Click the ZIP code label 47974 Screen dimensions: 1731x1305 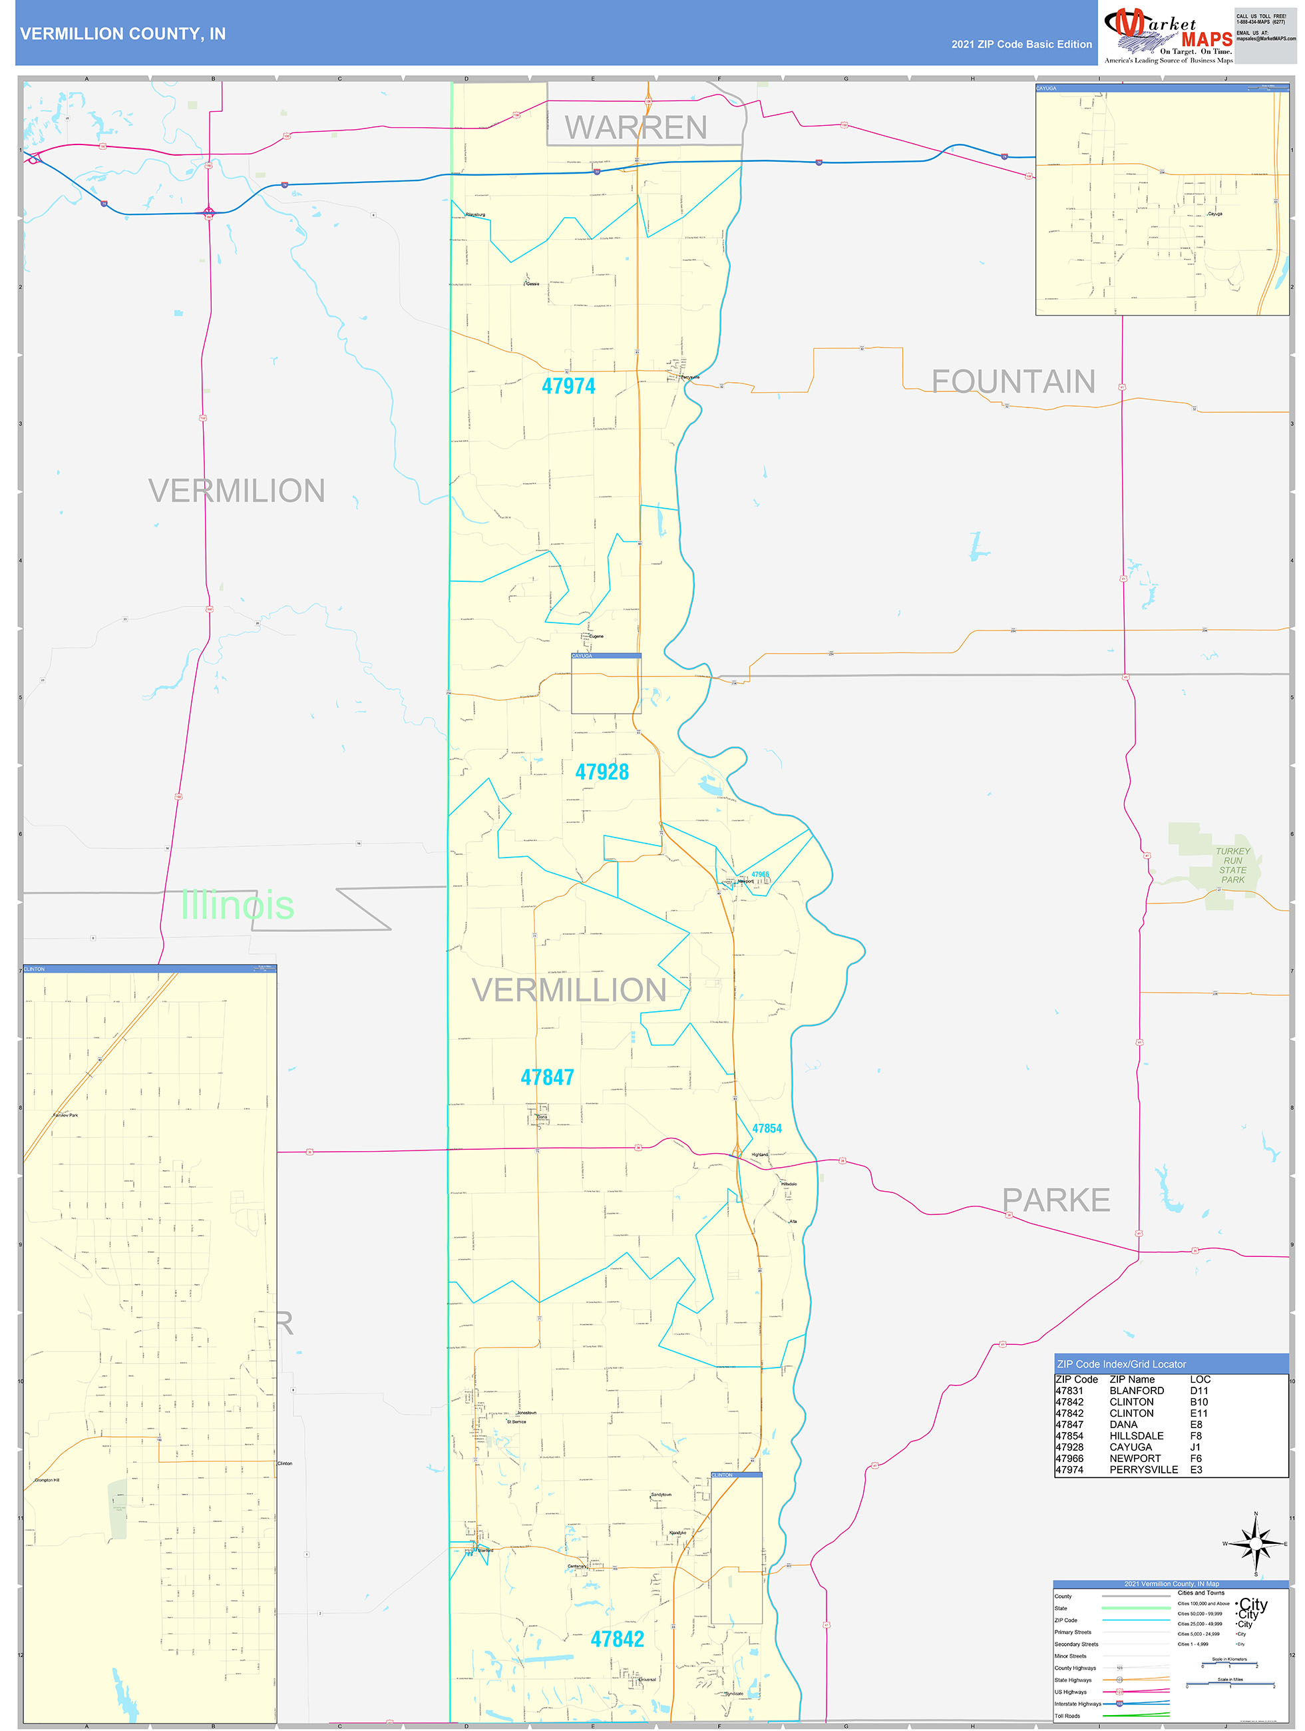pos(568,385)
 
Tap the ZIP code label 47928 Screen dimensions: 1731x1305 pos(602,772)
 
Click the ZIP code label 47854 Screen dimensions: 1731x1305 pos(766,1128)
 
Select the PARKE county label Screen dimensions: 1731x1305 pos(1055,1200)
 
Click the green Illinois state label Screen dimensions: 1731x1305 pos(237,905)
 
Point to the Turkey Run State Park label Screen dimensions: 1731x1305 pos(1232,865)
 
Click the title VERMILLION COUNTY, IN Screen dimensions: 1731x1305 pos(123,34)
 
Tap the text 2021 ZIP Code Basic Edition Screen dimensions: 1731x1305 pos(1021,45)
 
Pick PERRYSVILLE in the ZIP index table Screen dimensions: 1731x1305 pos(1143,1469)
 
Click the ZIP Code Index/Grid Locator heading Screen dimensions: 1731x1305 pos(1121,1364)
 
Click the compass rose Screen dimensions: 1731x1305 pos(1255,1544)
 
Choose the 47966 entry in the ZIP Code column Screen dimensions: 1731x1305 pos(1069,1459)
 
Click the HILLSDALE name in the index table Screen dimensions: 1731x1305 pos(1136,1436)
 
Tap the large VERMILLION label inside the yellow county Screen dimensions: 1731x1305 pos(569,990)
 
